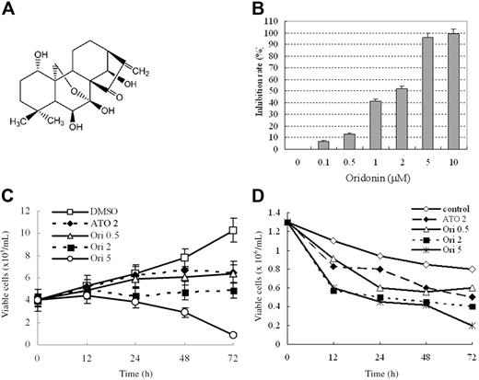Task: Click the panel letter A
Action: (x=8, y=8)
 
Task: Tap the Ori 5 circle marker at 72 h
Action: (x=233, y=335)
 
